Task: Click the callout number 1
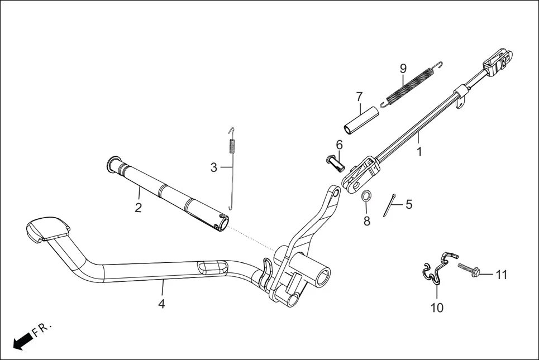[420, 151]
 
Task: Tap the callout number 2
[138, 208]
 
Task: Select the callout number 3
[213, 167]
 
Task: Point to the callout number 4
[161, 304]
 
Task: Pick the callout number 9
[403, 69]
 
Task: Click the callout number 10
[437, 307]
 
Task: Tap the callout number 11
[501, 275]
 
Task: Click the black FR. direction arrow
[22, 340]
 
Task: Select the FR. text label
[42, 329]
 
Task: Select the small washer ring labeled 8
[366, 196]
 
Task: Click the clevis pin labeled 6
[334, 164]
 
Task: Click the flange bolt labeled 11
[470, 270]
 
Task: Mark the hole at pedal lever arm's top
[335, 194]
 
